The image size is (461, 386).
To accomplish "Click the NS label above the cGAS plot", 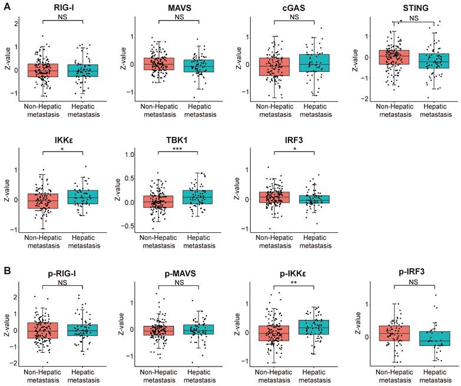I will tap(294, 17).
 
